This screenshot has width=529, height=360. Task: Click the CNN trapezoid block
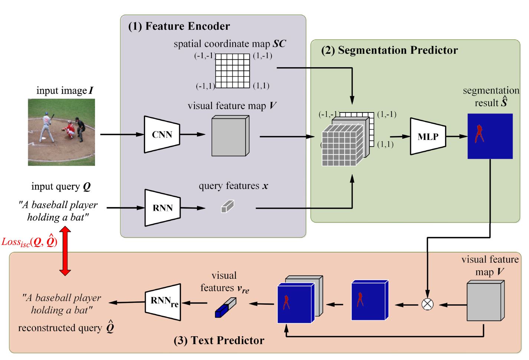click(162, 134)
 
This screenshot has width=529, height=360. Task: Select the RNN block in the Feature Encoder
click(162, 208)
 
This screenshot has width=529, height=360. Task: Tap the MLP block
click(428, 137)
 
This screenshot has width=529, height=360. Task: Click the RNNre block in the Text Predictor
click(163, 302)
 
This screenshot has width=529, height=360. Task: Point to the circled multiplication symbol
click(427, 304)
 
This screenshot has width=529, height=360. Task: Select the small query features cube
click(227, 206)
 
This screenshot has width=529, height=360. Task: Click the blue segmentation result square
click(490, 136)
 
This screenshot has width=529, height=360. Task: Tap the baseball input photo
click(62, 132)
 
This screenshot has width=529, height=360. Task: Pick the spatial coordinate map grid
click(233, 71)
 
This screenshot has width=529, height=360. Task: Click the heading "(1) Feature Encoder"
click(179, 26)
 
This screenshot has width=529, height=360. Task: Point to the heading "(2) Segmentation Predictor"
click(389, 50)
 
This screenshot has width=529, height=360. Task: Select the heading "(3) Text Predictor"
click(219, 340)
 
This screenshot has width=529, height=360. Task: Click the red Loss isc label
click(29, 242)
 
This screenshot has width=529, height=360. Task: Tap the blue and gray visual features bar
click(225, 308)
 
